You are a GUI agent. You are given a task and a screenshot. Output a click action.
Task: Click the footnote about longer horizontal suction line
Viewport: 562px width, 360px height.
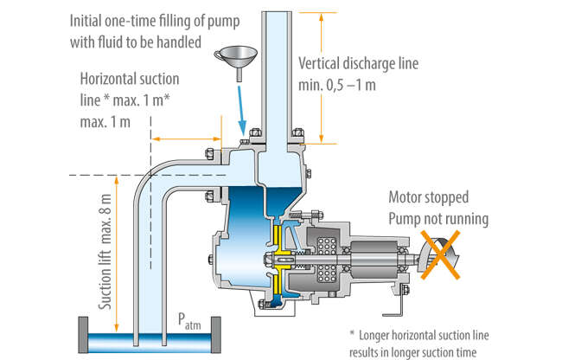click(449, 340)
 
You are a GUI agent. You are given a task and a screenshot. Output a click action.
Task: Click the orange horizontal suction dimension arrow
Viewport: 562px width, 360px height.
click(187, 138)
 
